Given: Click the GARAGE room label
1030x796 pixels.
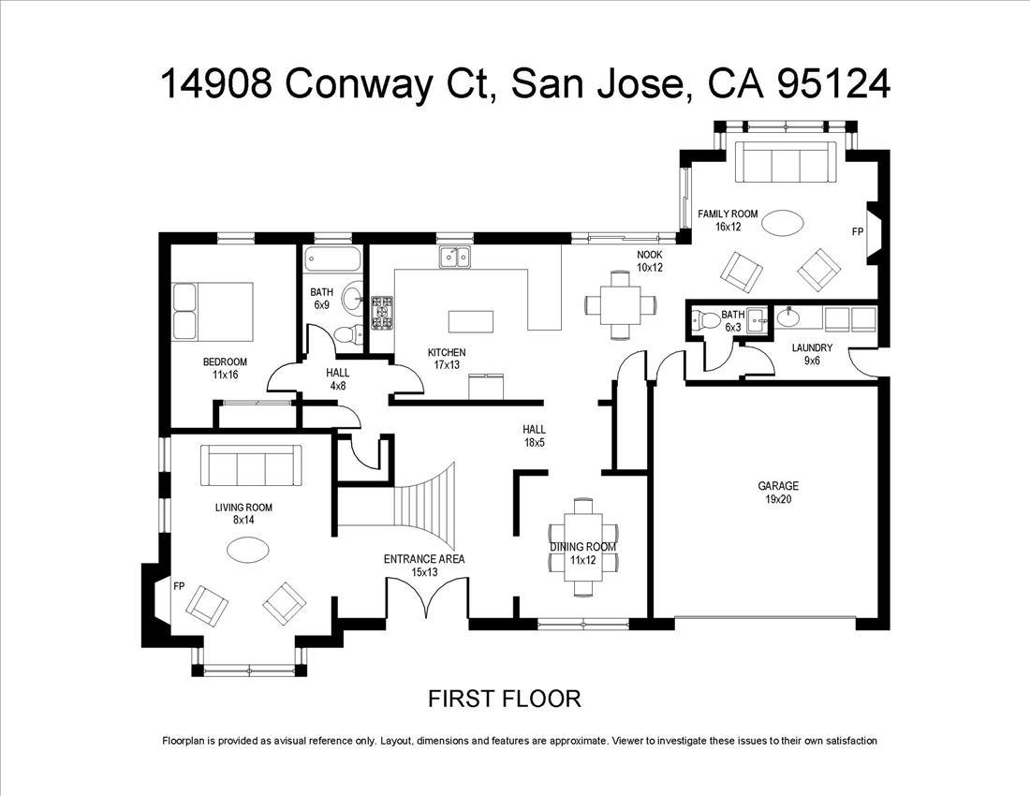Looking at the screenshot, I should (778, 486).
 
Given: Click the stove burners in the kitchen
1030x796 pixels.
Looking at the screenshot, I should (383, 313).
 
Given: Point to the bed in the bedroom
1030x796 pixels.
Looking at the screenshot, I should (213, 311).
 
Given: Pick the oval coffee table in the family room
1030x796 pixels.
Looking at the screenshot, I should (782, 223).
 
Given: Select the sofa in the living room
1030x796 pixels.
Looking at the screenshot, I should (251, 465).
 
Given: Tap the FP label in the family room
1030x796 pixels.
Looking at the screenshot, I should (857, 230).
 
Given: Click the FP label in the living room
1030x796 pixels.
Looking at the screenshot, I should (179, 586).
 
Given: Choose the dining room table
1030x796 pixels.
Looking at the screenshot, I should (583, 548).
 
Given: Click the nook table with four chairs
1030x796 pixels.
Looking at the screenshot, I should (619, 303).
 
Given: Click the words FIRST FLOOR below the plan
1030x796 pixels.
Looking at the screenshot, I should (505, 699).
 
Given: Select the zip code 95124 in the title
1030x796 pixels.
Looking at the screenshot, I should (833, 84).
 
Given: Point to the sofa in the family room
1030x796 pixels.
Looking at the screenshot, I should (784, 164).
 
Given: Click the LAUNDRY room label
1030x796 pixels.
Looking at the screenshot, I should (811, 347).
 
